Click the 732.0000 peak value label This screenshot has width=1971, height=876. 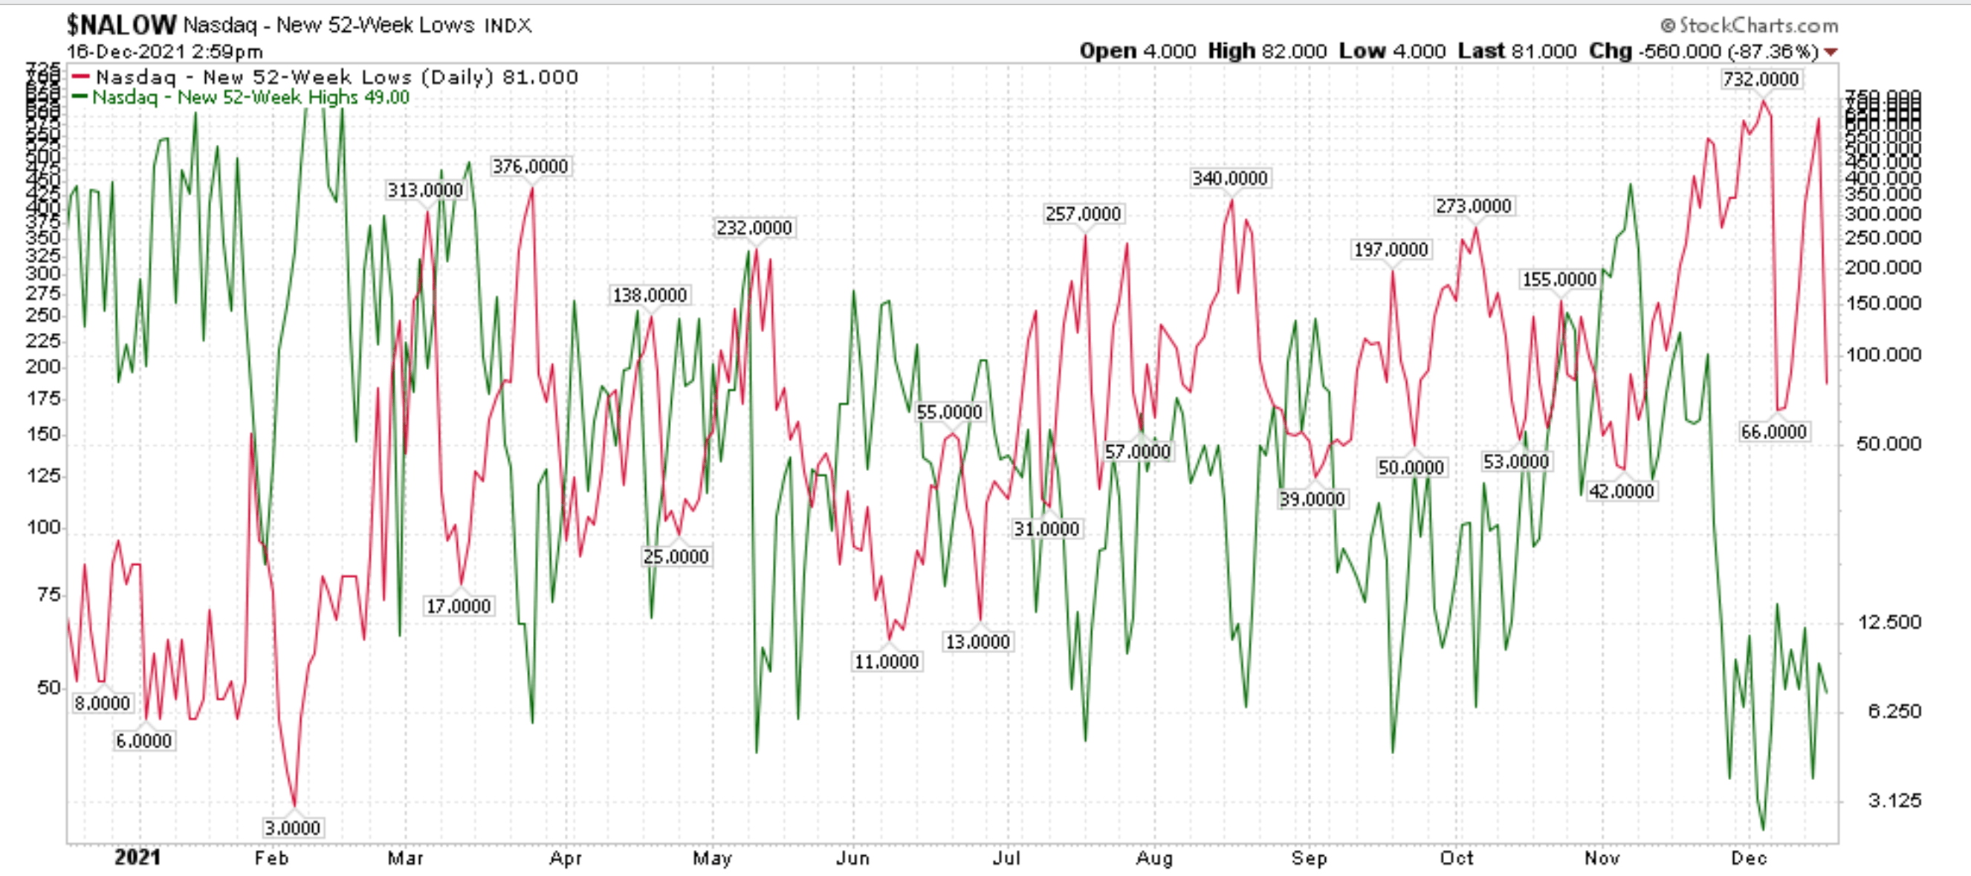[x=1761, y=80]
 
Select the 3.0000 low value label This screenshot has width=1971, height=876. [x=292, y=828]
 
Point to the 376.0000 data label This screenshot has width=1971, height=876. [x=529, y=166]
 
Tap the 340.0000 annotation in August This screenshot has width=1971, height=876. [x=1229, y=178]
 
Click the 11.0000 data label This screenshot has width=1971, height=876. [x=886, y=662]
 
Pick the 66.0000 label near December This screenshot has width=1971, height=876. [x=1773, y=432]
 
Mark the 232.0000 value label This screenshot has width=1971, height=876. [x=754, y=228]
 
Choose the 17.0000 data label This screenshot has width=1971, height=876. [x=459, y=607]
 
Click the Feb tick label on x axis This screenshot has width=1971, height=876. [x=271, y=857]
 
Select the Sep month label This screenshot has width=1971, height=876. [x=1309, y=857]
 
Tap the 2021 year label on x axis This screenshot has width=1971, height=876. [x=137, y=857]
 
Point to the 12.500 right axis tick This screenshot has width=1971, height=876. [x=1889, y=622]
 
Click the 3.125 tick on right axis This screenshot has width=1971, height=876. [x=1894, y=801]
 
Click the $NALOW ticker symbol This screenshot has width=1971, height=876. [x=122, y=25]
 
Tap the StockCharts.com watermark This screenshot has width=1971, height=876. [x=1749, y=26]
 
